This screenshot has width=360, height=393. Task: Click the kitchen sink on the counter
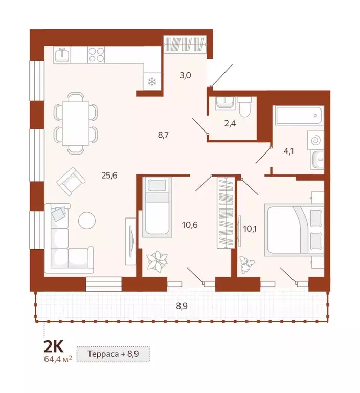pos(63,54)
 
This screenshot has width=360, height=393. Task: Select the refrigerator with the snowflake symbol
pos(152,81)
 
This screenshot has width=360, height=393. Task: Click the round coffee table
pos(87,221)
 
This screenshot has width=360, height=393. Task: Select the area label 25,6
pos(109,175)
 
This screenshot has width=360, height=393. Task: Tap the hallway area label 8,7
pos(164,136)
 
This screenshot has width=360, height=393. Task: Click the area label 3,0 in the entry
pos(185,75)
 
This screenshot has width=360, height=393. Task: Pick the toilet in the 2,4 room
pos(244,106)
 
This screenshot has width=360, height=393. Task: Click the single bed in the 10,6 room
pos(156,206)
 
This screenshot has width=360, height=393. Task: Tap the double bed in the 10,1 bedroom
pos(294,230)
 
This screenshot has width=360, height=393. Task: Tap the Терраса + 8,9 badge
pos(114,354)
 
